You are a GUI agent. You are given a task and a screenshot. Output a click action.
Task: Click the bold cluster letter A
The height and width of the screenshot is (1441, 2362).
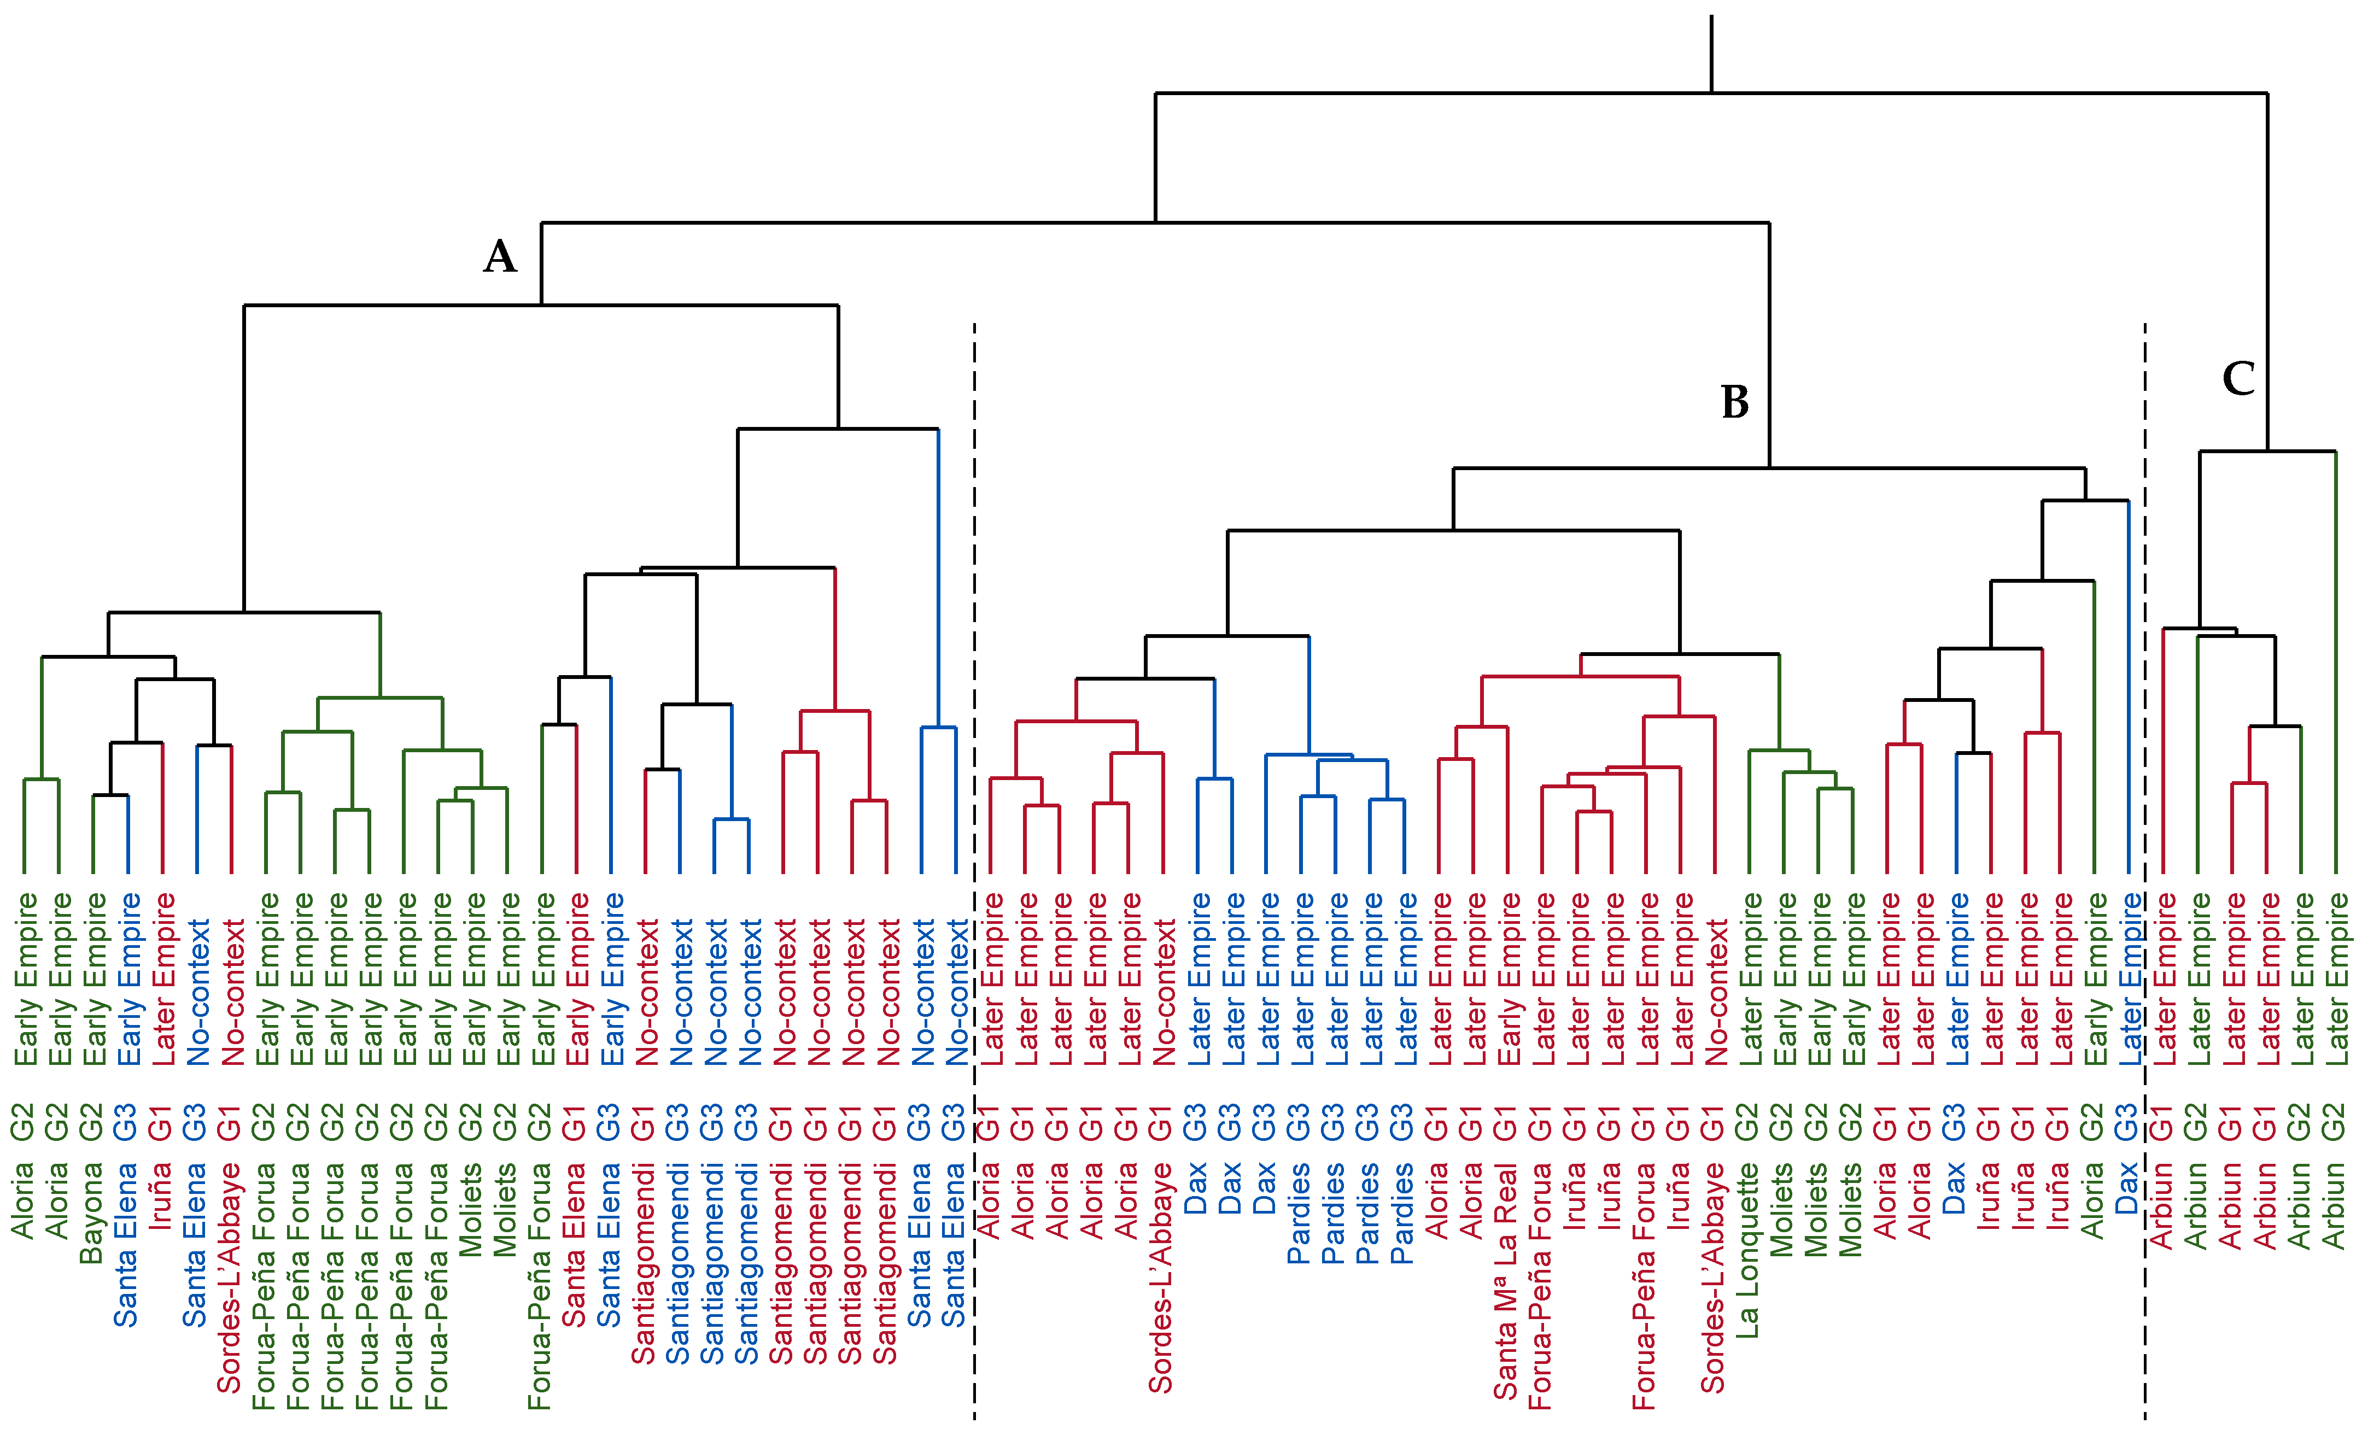point(499,257)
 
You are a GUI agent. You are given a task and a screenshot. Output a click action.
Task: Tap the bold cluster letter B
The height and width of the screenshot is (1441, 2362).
point(1734,403)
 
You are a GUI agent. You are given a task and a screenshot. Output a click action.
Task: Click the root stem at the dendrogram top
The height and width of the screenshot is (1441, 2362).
point(1711,52)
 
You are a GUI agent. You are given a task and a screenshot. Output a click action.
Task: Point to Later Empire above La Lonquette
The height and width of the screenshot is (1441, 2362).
point(1750,978)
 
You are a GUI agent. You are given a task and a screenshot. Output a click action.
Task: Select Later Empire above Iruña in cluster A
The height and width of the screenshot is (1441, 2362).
point(163,978)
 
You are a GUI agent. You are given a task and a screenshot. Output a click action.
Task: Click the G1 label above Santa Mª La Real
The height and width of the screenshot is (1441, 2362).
point(1505,1122)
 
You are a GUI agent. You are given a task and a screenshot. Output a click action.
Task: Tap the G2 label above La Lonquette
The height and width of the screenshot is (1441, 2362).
point(1747,1122)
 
